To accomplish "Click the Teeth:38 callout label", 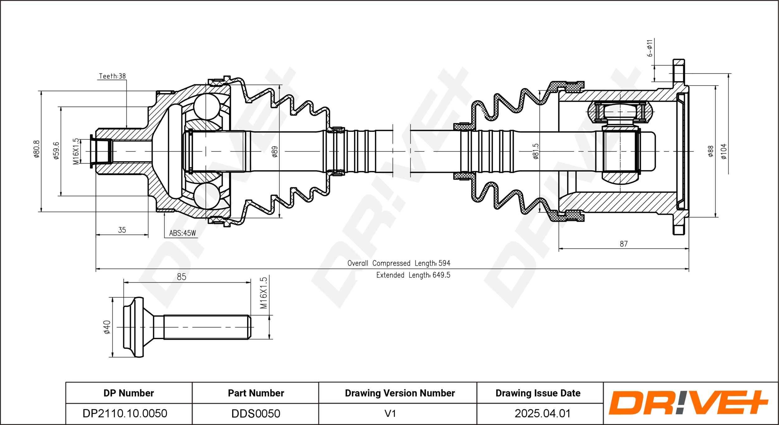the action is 112,76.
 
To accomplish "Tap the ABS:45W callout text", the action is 183,233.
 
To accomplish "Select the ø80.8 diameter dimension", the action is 37,149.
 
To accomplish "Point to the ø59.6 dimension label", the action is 56,151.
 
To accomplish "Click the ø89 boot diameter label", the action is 275,152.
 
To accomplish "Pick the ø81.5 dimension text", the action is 536,151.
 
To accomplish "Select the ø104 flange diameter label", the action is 724,151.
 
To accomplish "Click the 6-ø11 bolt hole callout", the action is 650,48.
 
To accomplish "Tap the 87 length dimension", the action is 624,244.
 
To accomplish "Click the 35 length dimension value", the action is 122,230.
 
